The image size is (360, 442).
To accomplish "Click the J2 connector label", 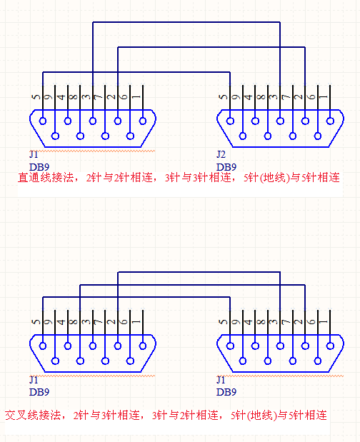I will coord(221,154).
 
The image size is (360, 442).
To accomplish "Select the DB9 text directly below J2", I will coord(226,166).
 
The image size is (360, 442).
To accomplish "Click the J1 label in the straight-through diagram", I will coord(34,154).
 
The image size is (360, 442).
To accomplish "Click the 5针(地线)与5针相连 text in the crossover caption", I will coord(279,414).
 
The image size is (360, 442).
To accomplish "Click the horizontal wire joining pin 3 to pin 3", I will coord(186,24).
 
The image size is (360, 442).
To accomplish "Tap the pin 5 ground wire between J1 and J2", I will coord(136,73).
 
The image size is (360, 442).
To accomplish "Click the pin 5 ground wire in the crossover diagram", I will coord(136,298).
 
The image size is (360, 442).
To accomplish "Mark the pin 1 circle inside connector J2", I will coord(331,120).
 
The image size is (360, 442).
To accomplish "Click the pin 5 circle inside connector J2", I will coord(230,120).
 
